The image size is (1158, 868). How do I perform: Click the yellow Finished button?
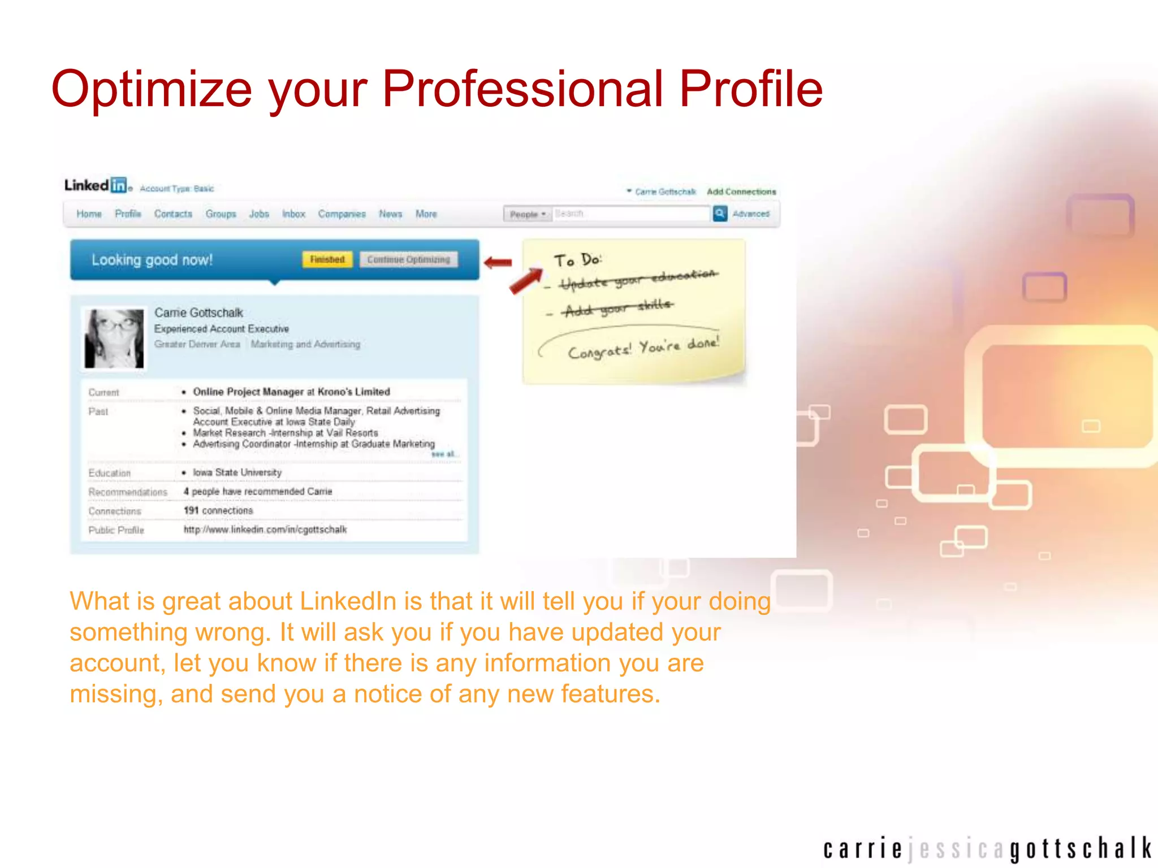tap(327, 259)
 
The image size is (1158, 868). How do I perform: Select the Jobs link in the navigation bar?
tap(259, 214)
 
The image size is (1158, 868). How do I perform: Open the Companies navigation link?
tap(342, 214)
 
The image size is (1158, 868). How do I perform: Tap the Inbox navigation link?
tap(293, 214)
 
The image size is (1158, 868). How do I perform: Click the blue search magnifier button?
tap(720, 214)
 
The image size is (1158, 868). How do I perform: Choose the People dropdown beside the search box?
tap(528, 214)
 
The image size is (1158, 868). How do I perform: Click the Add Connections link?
tap(741, 192)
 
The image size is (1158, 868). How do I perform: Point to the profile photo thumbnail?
tap(114, 338)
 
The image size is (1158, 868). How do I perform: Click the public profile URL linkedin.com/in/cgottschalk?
tap(265, 530)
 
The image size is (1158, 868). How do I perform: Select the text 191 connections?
tap(218, 510)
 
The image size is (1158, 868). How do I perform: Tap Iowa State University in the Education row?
tap(237, 472)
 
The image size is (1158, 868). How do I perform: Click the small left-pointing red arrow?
tap(498, 262)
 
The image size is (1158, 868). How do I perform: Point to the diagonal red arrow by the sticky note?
tap(526, 281)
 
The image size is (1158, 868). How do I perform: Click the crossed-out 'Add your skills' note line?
tap(617, 309)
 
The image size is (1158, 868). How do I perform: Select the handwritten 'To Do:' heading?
tap(577, 260)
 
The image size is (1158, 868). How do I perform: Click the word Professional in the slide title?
tap(522, 89)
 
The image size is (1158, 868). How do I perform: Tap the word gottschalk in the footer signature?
tap(1081, 849)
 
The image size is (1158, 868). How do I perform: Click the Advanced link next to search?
tap(751, 214)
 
